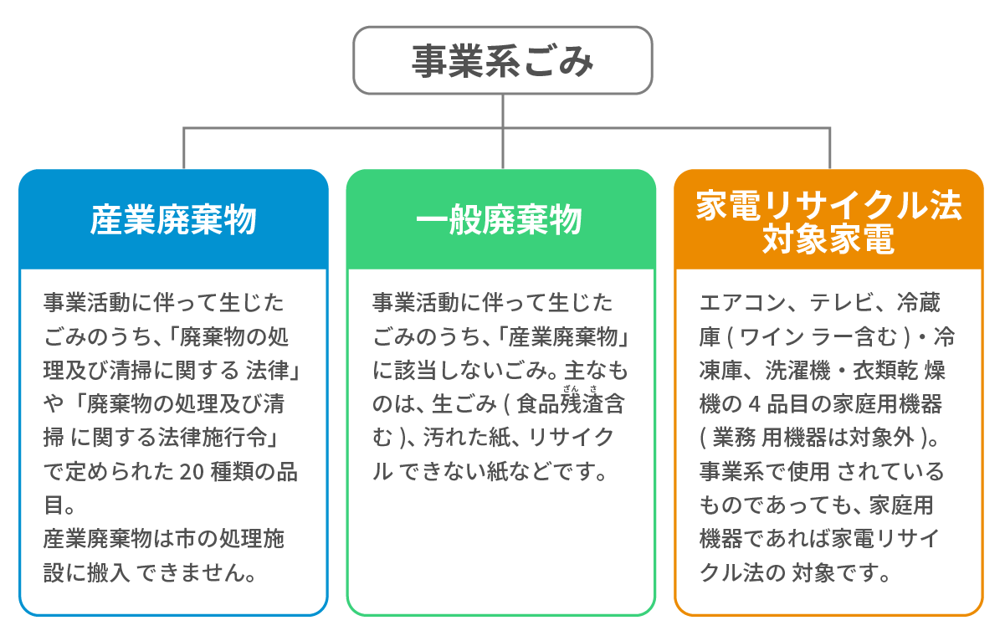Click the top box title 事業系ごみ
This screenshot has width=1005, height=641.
click(502, 61)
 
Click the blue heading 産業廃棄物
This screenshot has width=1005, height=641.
click(173, 220)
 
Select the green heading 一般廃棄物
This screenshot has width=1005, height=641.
click(499, 219)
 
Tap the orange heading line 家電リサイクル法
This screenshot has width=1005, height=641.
click(828, 206)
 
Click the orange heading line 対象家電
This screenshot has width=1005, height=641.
click(828, 239)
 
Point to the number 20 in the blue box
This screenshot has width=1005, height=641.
click(192, 472)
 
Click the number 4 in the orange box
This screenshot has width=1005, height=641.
click(755, 404)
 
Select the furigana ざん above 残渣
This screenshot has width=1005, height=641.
click(571, 388)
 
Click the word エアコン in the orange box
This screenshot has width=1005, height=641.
click(743, 303)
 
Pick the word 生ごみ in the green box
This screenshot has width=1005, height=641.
click(464, 404)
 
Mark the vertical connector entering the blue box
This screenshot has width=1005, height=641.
click(184, 148)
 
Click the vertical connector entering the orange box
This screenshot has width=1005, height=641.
click(830, 148)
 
